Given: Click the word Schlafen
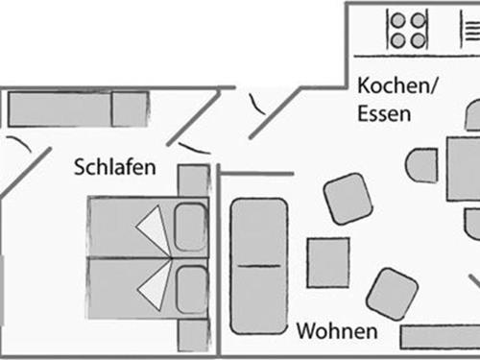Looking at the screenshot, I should click(x=114, y=168).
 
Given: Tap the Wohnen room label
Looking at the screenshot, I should click(x=335, y=332).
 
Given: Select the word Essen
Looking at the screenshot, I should click(x=384, y=113).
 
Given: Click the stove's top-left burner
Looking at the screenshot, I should click(x=396, y=19).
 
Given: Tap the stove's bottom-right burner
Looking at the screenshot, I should click(x=418, y=39).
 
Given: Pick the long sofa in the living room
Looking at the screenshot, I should click(x=259, y=265).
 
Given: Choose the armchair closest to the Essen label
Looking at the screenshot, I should click(x=348, y=199).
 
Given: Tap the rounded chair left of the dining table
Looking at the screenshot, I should click(x=422, y=165).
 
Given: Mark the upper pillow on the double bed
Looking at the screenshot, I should click(x=190, y=228).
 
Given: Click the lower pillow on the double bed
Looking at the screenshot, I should click(x=190, y=289).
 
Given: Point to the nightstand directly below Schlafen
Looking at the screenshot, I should click(x=194, y=180).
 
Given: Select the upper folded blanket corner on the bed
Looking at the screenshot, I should click(x=151, y=229).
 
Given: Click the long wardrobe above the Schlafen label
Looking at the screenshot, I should click(x=77, y=109).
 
